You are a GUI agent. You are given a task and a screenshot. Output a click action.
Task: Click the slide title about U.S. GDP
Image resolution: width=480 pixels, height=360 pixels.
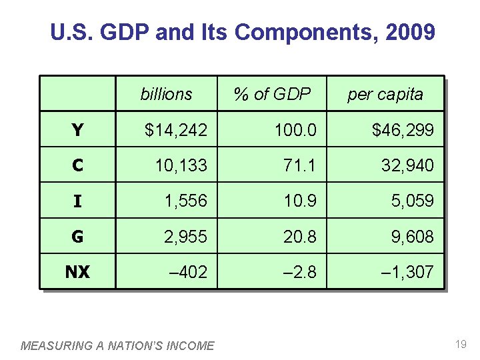[x=243, y=33]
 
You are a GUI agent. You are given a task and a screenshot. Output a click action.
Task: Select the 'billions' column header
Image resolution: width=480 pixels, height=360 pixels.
[x=166, y=94]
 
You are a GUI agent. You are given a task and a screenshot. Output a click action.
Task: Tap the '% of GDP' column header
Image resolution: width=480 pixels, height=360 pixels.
[x=272, y=94]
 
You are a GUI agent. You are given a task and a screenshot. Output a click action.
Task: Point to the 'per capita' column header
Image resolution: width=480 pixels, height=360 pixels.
[x=385, y=94]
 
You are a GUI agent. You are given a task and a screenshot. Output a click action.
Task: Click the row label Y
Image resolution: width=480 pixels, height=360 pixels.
[x=77, y=130]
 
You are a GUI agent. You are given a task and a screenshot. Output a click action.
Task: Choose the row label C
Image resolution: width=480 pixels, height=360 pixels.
[x=77, y=165]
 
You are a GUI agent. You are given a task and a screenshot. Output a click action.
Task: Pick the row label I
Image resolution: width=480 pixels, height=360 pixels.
[x=77, y=201]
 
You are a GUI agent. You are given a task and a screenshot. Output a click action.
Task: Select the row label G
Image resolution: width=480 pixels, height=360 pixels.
[x=77, y=236]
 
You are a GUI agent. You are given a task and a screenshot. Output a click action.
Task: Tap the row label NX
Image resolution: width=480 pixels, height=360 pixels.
[x=77, y=271]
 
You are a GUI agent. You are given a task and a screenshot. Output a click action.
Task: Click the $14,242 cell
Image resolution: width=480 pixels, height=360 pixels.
[x=176, y=130]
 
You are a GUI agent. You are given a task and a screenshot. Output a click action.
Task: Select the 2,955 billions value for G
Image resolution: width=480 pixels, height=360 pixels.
[x=185, y=236]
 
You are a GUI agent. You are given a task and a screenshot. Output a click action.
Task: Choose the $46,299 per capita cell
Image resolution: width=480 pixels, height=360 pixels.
[x=403, y=130]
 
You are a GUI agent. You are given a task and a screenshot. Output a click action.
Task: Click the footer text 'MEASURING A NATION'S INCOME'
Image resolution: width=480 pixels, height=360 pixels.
[x=118, y=345]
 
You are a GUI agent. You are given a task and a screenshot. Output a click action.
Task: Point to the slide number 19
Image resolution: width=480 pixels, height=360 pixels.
[x=460, y=344]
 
